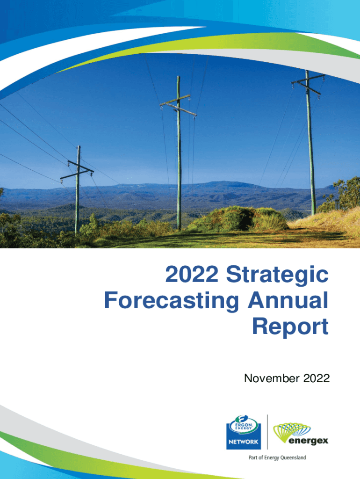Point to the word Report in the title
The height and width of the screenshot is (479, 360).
pos(290,326)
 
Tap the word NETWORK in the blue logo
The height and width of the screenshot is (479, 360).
pos(244,441)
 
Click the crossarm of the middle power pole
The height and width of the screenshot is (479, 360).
pos(178,105)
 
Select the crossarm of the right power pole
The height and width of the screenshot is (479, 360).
pos(308,81)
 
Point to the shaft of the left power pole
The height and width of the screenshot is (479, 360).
pos(77,201)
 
